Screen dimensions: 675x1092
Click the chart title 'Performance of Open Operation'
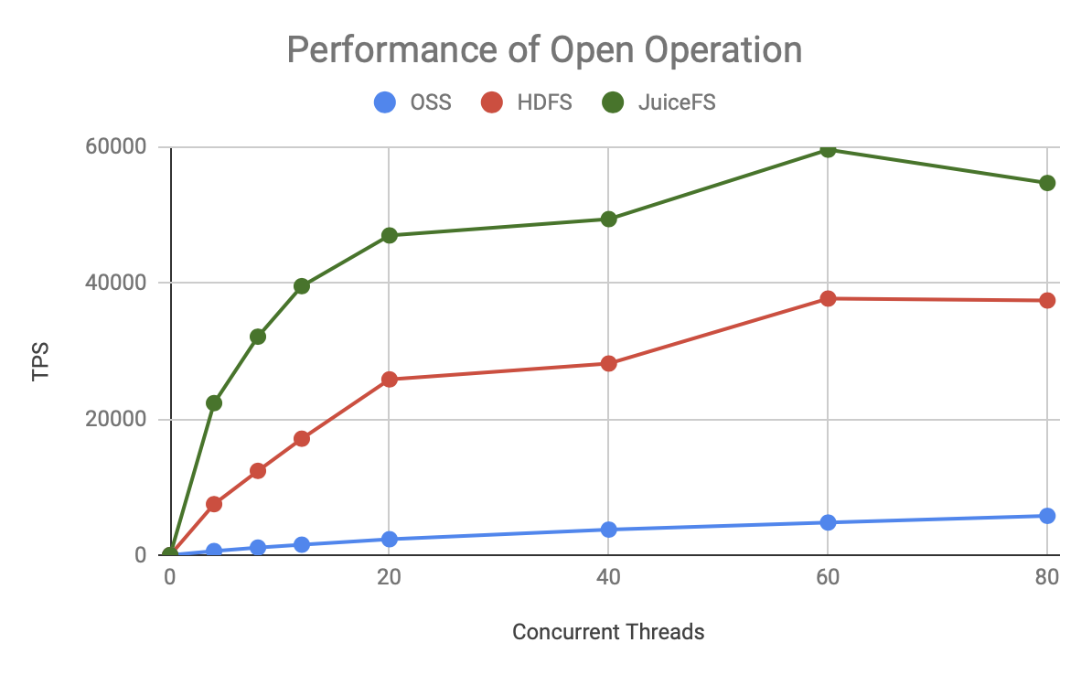(544, 49)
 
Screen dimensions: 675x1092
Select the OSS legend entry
(412, 102)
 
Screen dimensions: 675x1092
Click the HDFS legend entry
(527, 102)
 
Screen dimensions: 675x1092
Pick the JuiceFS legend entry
(658, 102)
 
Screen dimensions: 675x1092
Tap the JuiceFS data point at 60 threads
(828, 149)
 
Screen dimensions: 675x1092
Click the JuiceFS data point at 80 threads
(1047, 183)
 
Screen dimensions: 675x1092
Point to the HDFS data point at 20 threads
(389, 379)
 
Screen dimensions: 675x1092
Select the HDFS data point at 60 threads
(828, 298)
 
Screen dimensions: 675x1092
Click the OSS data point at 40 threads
(608, 530)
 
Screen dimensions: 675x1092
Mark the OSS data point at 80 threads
(1047, 516)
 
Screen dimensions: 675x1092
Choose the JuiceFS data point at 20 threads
(389, 235)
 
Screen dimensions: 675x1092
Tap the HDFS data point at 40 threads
(608, 363)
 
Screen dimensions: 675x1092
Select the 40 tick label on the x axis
(608, 577)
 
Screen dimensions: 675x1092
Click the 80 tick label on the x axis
(1047, 577)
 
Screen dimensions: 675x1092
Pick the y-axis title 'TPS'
(40, 362)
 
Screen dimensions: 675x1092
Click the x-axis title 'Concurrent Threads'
(608, 632)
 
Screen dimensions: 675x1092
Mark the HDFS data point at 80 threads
(1047, 300)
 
